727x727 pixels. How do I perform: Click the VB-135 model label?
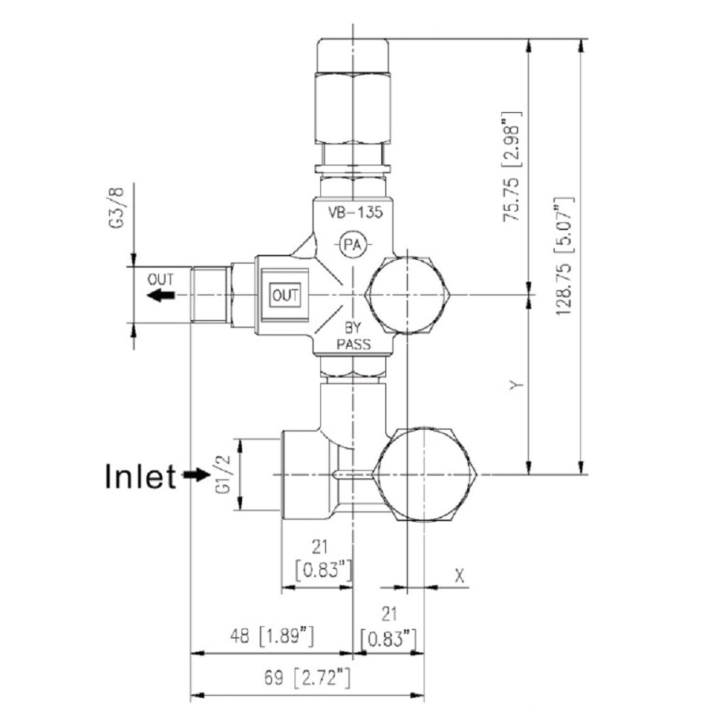353,212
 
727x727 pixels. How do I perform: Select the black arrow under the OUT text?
161,295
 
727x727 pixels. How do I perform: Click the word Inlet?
140,476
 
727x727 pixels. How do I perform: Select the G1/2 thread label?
226,474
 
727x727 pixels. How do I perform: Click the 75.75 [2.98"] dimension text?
512,167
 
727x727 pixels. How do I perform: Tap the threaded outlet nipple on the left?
210,295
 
